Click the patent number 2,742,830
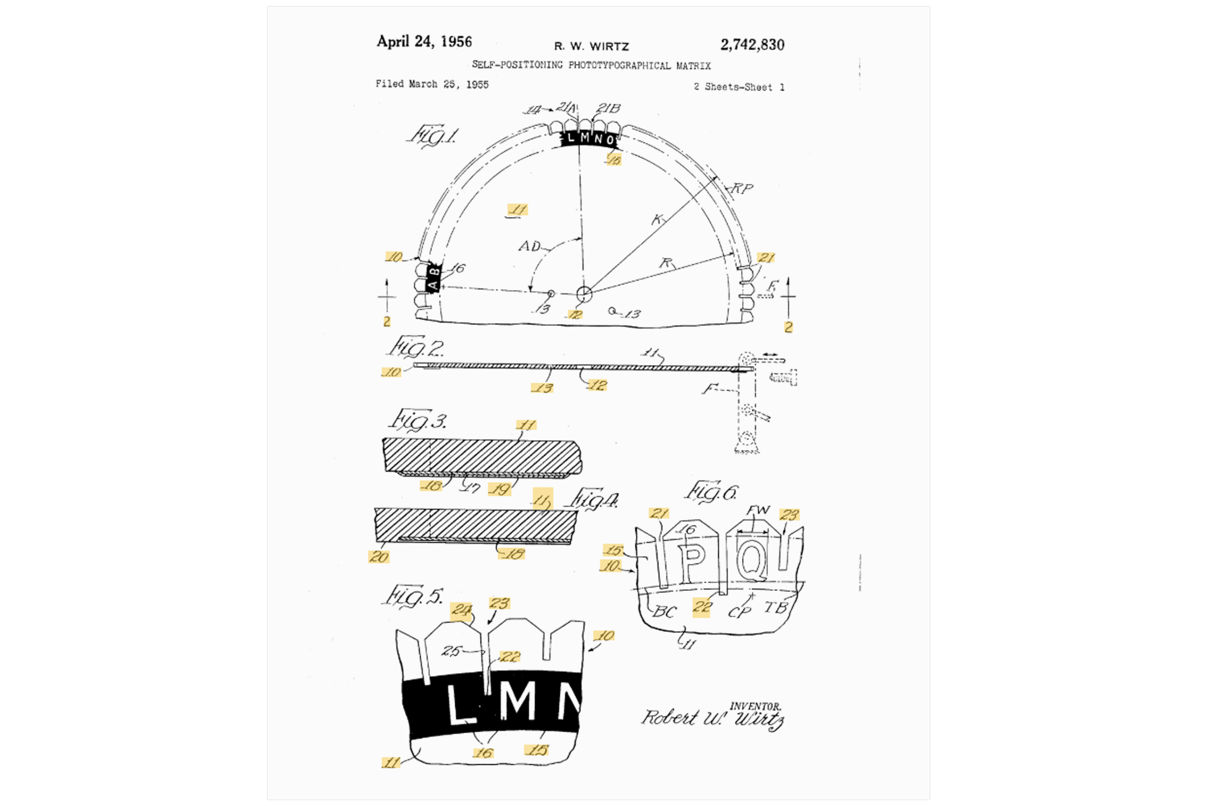click(752, 45)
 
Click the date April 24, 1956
click(424, 42)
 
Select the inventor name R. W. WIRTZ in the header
click(592, 46)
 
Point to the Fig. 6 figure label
click(711, 492)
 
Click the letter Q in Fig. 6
click(752, 561)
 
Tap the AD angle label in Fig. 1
click(529, 247)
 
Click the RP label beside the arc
click(742, 188)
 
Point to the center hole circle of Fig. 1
click(584, 294)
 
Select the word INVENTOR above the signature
click(755, 706)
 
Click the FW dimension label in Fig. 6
click(758, 510)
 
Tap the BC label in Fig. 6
click(664, 612)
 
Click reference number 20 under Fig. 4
click(379, 557)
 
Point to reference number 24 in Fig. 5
click(462, 610)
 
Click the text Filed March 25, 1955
click(432, 84)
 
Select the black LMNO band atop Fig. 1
click(589, 139)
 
